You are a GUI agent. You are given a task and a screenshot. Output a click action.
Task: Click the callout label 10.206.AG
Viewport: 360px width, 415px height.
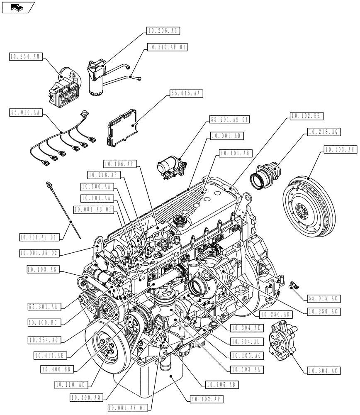(163, 31)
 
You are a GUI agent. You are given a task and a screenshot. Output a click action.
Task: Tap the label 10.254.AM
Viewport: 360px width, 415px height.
(25, 57)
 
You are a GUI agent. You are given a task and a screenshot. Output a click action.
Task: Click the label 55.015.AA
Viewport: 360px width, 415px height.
(185, 94)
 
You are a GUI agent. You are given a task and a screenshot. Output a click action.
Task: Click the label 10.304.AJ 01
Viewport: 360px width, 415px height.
(40, 237)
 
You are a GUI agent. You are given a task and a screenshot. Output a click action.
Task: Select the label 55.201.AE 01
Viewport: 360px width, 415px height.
(229, 120)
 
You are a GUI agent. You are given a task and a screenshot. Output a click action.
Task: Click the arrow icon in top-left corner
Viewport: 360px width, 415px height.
(17, 7)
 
